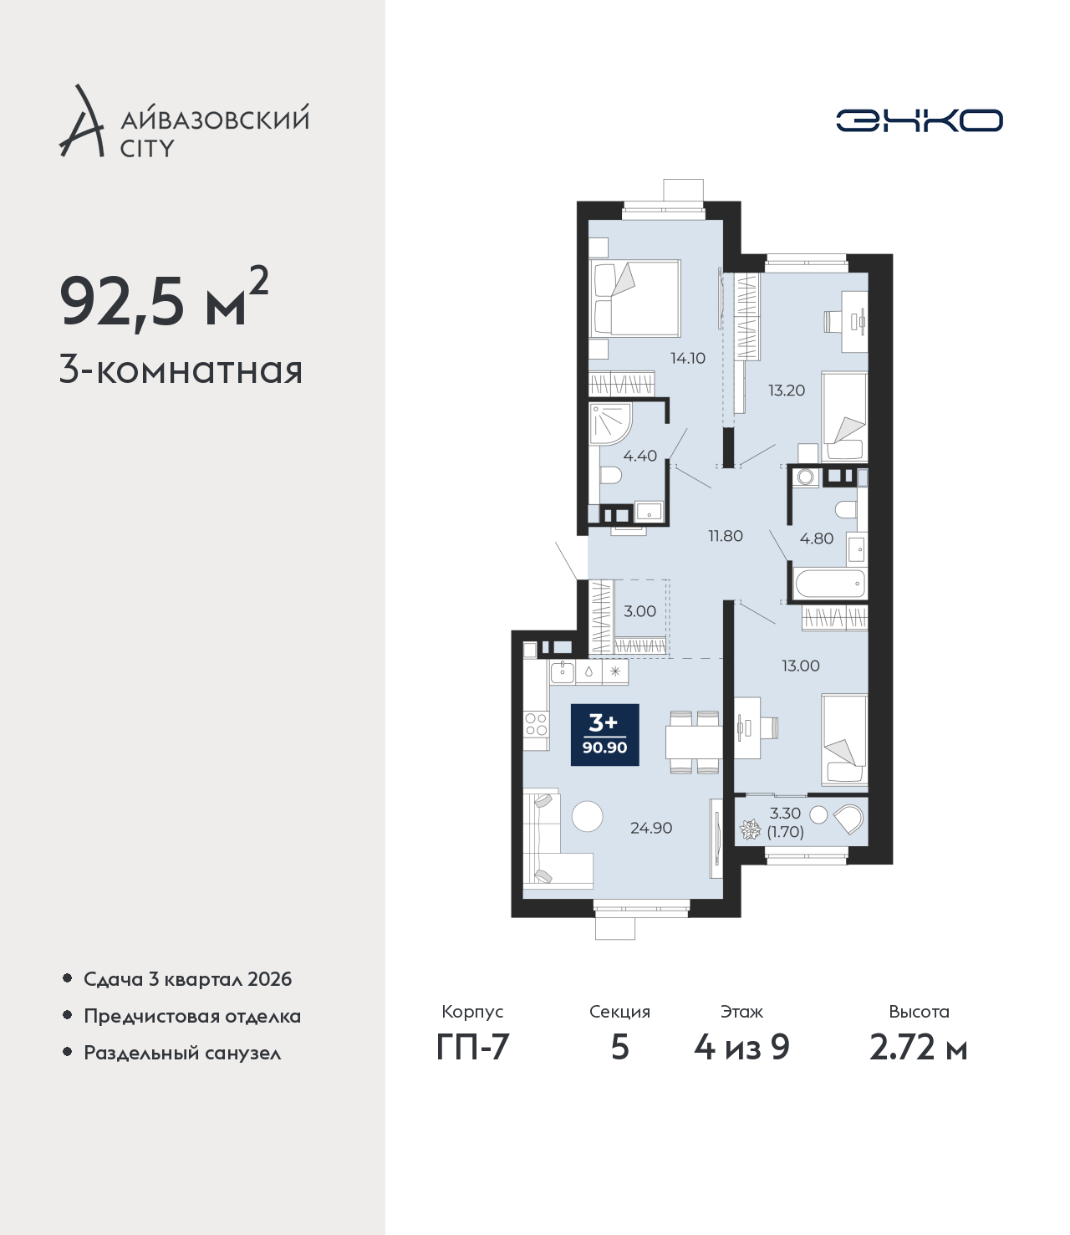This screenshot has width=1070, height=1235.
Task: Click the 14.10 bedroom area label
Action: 688,359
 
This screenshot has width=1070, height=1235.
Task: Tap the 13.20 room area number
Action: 787,390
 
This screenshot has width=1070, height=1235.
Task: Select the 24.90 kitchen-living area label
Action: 651,828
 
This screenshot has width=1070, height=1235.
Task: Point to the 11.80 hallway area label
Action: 726,536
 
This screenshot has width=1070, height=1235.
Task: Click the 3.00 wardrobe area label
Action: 639,611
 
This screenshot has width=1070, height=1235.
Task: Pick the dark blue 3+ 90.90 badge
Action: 604,734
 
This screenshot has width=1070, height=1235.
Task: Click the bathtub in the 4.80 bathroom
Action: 830,583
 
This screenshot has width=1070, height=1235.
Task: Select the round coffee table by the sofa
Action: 588,815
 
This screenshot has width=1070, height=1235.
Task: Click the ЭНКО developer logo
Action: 919,120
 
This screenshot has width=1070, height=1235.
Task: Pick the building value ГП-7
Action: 472,1048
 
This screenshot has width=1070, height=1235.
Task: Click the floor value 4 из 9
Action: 741,1048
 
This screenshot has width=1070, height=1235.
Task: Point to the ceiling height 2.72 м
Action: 918,1048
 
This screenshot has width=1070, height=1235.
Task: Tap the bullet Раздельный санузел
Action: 182,1054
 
